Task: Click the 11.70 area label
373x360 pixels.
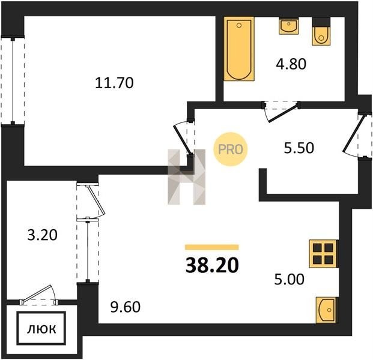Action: [114, 83]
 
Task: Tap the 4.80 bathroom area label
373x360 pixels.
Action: [291, 64]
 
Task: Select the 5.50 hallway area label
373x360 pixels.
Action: [299, 148]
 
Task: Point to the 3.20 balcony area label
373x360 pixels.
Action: [42, 235]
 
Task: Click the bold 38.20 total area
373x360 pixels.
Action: [212, 265]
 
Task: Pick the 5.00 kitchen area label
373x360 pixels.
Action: [289, 280]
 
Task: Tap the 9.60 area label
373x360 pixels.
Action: [126, 307]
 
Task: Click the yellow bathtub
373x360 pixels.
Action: [239, 49]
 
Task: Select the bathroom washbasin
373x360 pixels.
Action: [288, 26]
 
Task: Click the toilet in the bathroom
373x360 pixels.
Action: [321, 31]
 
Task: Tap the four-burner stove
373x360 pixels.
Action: [323, 254]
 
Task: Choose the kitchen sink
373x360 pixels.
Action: [326, 310]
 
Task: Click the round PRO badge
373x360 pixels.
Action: [230, 149]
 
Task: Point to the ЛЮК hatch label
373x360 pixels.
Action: [41, 329]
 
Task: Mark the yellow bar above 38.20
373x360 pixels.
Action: [212, 247]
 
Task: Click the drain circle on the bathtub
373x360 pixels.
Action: [239, 25]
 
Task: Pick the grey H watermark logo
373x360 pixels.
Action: [186, 177]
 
